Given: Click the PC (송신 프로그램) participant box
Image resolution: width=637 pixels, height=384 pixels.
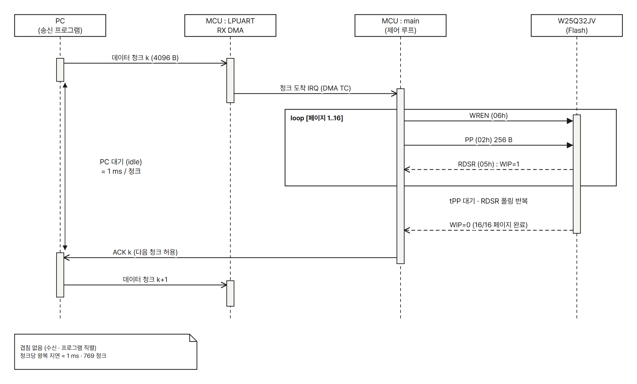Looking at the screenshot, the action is [x=60, y=26].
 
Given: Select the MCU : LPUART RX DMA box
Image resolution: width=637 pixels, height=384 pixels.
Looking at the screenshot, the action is [x=230, y=26].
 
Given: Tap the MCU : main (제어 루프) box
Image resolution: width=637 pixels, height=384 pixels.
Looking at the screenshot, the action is [x=401, y=26].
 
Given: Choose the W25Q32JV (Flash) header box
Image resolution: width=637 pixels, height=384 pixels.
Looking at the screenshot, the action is [x=577, y=26].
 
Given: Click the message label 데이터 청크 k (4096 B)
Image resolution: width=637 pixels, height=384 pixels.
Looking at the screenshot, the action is [x=145, y=58].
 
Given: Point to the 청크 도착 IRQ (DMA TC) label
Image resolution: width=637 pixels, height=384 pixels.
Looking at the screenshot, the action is [x=315, y=88].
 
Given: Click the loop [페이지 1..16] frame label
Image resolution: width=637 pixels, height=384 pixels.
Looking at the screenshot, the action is [x=317, y=118].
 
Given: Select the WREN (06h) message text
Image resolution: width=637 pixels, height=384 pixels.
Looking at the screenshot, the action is [x=489, y=115].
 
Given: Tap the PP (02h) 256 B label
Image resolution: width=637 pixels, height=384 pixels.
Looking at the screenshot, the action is [x=489, y=140].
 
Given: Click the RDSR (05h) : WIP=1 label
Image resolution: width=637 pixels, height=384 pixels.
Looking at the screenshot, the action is [x=489, y=164].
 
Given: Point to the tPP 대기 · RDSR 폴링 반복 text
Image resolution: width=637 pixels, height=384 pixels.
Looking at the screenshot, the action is [x=489, y=201].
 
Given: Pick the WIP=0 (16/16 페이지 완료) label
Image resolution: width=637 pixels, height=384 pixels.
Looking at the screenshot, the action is [x=489, y=225].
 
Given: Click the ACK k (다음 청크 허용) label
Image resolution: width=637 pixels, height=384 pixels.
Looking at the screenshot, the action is [x=145, y=252].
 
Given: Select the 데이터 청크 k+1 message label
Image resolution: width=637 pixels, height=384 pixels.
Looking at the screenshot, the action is [x=145, y=279].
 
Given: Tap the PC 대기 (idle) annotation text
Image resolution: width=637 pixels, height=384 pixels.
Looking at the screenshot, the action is [x=121, y=162].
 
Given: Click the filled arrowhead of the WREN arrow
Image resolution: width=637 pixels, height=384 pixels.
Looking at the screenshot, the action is [x=570, y=121].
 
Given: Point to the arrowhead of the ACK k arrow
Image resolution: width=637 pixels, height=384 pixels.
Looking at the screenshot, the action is [x=67, y=258].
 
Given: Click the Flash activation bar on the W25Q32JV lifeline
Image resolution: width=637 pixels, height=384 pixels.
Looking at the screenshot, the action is [x=577, y=174].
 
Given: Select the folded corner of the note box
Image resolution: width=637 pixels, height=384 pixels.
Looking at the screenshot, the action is [x=193, y=338].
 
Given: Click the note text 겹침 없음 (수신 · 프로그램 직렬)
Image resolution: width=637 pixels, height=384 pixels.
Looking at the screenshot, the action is [x=58, y=348].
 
